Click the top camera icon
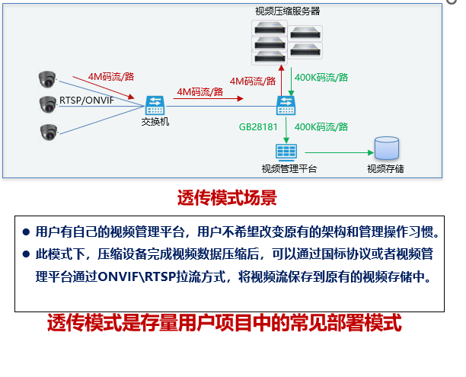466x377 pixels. tap(48, 78)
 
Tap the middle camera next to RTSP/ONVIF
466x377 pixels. tap(48, 104)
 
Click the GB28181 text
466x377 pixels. tap(257, 126)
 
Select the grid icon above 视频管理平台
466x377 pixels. tap(287, 151)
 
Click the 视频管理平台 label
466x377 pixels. tap(289, 168)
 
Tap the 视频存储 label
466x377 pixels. tap(386, 168)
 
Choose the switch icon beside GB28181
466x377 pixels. tap(287, 104)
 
